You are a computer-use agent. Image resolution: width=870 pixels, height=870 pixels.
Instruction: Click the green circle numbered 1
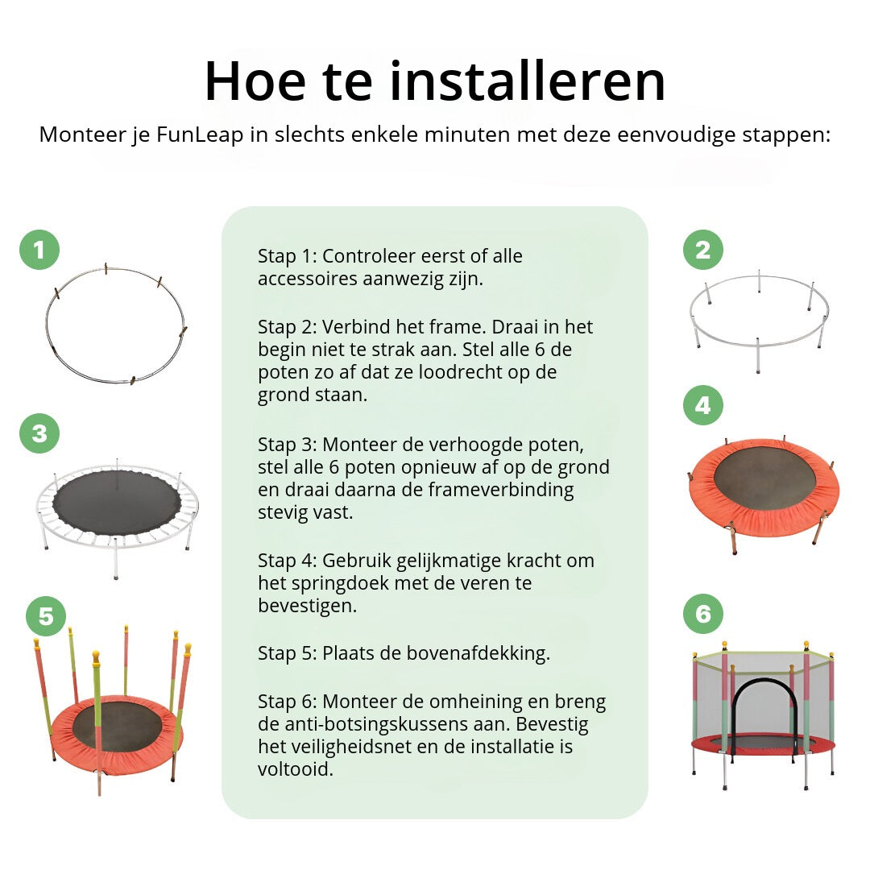tap(39, 250)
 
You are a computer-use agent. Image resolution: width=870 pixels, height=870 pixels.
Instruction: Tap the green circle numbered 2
tap(703, 250)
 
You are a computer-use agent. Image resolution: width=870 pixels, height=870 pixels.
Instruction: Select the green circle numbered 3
tap(39, 433)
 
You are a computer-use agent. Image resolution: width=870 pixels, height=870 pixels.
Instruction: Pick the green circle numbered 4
tap(703, 405)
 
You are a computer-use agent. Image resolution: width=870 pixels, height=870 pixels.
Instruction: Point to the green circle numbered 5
tap(46, 616)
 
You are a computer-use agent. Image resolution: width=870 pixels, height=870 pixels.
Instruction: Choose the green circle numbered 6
tap(703, 614)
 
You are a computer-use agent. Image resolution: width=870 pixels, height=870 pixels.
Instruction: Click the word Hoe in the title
tap(255, 81)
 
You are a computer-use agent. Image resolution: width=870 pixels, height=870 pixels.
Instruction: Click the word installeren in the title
tap(527, 81)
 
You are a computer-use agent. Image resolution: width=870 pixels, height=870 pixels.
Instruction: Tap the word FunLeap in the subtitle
tap(200, 135)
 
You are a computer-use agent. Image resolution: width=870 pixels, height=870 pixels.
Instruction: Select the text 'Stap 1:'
tap(288, 257)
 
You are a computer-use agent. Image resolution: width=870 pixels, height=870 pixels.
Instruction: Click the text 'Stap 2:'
tap(288, 327)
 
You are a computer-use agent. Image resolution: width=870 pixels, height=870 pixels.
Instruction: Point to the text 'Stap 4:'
tap(288, 561)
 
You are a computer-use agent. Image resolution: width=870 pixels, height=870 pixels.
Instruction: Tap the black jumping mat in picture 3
tap(117, 503)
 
